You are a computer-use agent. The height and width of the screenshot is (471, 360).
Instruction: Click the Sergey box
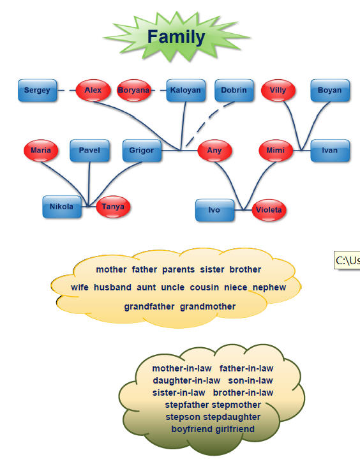pos(37,90)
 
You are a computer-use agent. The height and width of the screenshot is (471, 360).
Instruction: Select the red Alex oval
pos(93,90)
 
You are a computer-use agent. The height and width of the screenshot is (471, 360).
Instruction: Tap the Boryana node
pos(133,90)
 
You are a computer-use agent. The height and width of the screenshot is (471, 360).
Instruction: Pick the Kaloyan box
pos(186,90)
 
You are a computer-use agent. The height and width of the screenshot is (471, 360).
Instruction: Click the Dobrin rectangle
pos(234,90)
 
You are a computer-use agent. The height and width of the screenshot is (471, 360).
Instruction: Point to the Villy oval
pos(278,90)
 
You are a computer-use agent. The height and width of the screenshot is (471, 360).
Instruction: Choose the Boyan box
pos(330,90)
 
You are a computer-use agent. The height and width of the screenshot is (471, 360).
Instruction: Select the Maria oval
pos(41,150)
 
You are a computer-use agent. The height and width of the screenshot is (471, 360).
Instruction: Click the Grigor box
pos(142,151)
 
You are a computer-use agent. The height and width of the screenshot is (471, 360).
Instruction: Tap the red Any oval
pos(214,151)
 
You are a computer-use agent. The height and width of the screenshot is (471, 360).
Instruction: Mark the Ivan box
pos(330,151)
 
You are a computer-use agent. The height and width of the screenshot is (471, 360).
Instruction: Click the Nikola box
pos(62,207)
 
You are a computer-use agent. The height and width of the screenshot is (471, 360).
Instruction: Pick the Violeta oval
pos(269,210)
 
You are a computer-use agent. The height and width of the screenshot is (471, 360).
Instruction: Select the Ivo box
pos(214,210)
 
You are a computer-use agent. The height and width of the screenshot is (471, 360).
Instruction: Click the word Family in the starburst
pos(176,37)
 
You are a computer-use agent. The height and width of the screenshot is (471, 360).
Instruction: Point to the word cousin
pos(204,287)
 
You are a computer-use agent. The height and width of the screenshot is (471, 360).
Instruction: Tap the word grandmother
pos(207,306)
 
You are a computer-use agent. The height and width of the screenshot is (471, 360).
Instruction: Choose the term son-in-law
pos(250,380)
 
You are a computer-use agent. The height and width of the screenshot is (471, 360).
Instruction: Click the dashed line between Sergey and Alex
pos(66,90)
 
